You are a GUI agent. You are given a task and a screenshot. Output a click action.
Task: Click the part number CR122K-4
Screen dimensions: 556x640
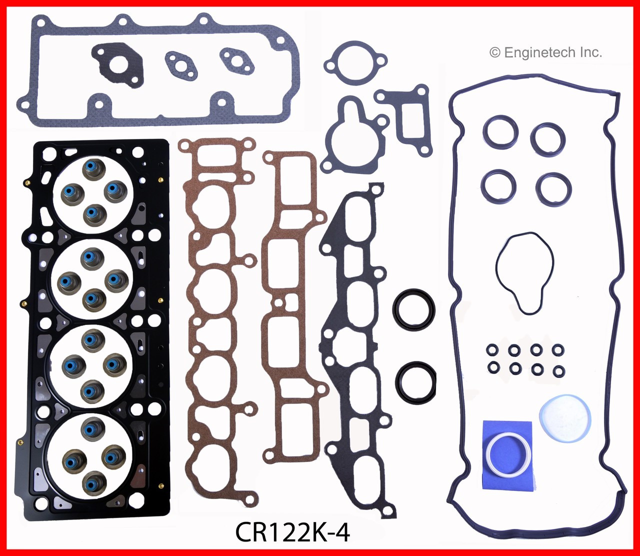pos(292,532)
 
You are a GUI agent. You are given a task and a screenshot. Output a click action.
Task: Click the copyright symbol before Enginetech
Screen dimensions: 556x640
pos(494,52)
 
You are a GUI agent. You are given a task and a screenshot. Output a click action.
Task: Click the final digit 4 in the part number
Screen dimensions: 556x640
pos(343,532)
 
